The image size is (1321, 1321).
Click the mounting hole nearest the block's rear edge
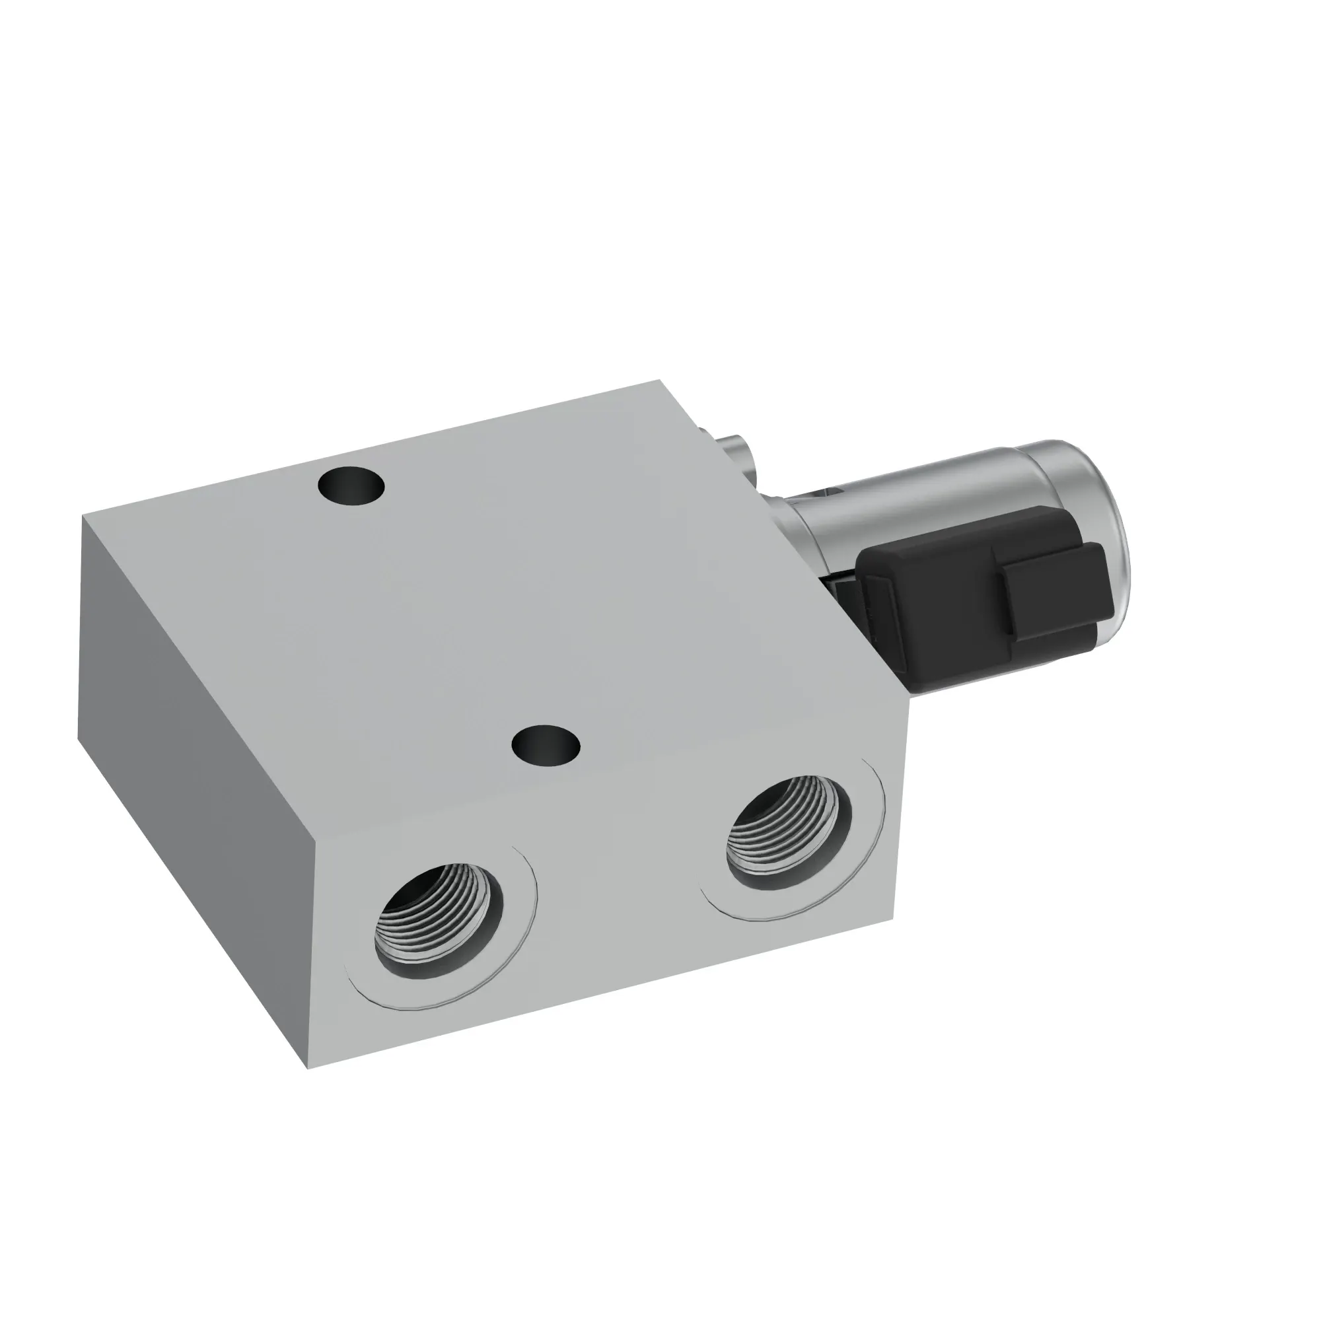(351, 486)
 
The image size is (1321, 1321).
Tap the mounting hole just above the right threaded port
(546, 744)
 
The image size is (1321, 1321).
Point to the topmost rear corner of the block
(659, 380)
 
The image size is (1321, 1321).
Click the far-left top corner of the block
(83, 516)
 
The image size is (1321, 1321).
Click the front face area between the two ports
(616, 910)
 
